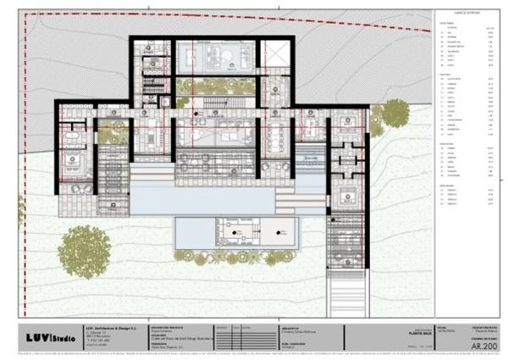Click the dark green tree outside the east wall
coord(397,110)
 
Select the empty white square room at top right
coord(275,54)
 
